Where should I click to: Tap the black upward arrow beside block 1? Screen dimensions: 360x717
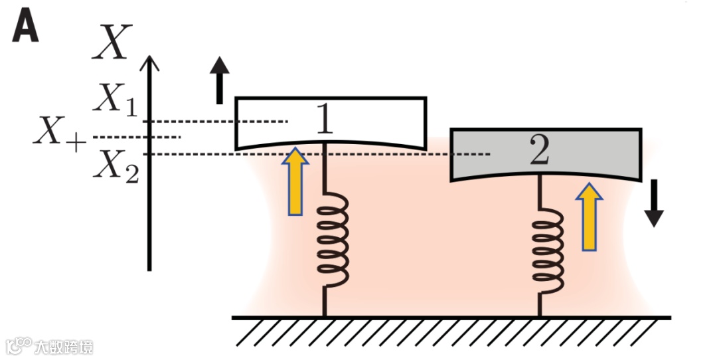pyautogui.click(x=220, y=80)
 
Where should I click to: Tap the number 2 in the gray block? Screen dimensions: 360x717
pyautogui.click(x=540, y=151)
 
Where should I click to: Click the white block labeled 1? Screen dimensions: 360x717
pyautogui.click(x=378, y=123)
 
